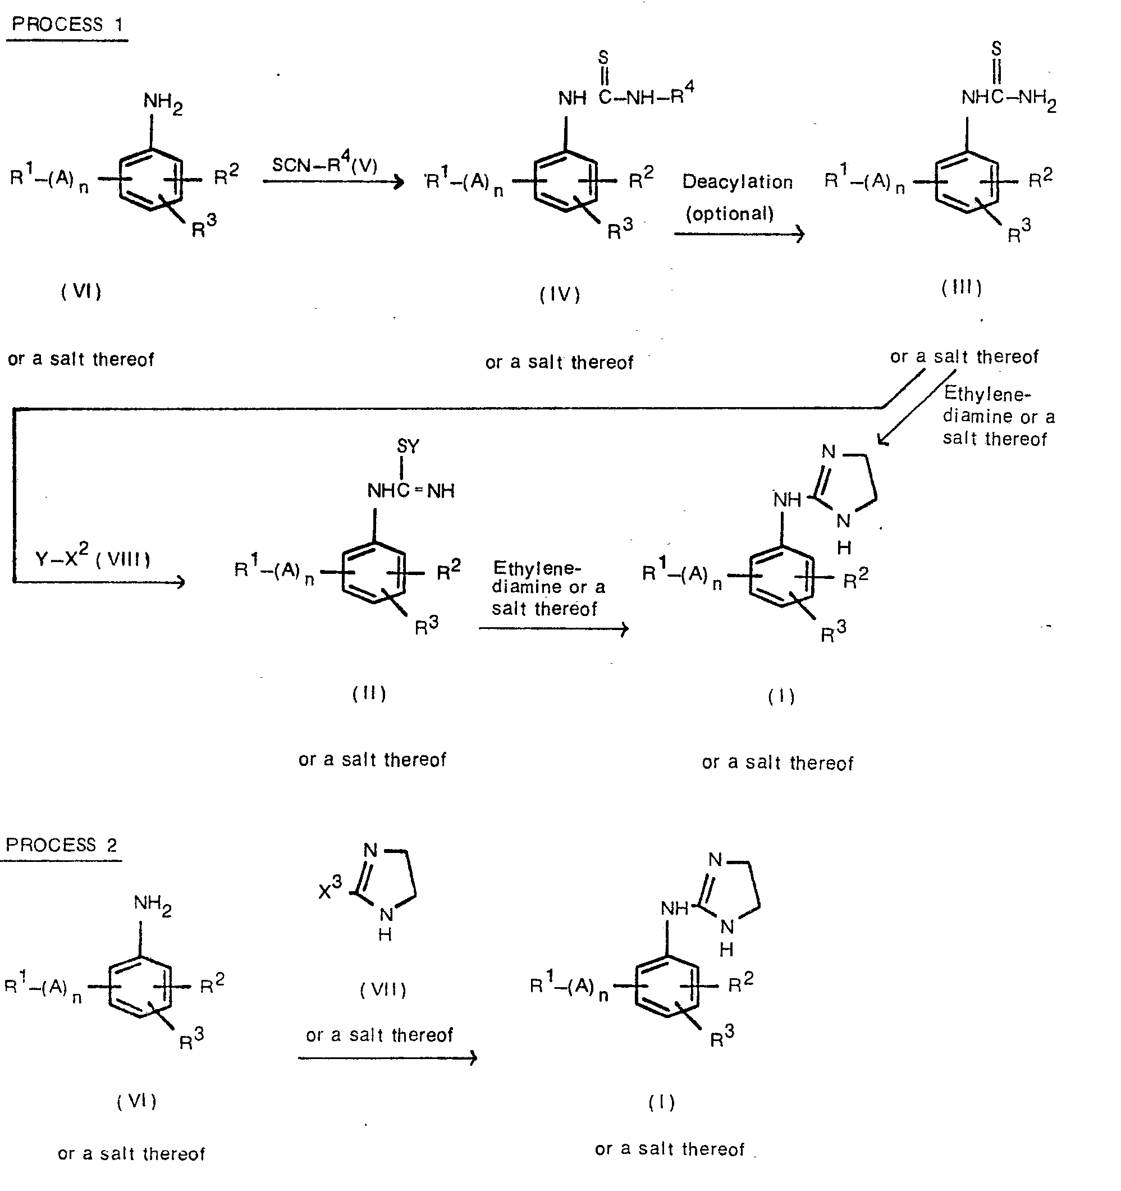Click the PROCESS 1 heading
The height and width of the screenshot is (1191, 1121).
(67, 24)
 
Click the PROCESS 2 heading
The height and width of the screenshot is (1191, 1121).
(61, 845)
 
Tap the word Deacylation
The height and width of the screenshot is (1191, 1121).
(738, 182)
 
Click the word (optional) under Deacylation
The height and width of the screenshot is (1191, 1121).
(729, 214)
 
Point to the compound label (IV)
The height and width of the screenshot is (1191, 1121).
(560, 295)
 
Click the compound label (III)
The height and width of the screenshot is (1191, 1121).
(962, 288)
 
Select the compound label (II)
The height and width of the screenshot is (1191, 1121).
(369, 693)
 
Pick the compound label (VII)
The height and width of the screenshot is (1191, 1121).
(383, 989)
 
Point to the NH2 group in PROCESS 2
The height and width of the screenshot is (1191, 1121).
(152, 905)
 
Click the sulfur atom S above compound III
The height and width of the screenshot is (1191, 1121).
(996, 48)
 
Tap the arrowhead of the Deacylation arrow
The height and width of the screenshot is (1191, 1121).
(800, 234)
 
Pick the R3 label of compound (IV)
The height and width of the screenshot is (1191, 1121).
(620, 229)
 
